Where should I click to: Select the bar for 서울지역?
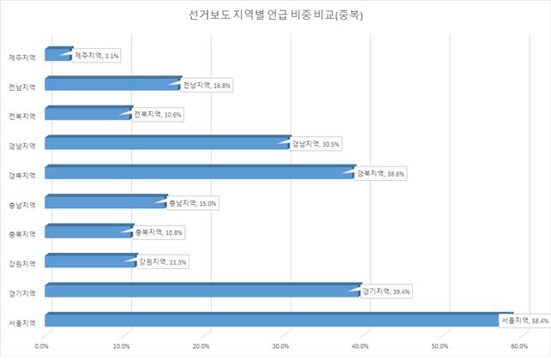(274, 321)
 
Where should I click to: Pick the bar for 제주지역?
(57, 56)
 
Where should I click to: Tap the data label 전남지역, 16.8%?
(207, 85)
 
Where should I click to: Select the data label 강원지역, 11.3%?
(162, 261)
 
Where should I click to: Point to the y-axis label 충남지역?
(21, 205)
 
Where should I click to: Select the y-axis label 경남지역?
(21, 146)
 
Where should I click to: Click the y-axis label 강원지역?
(21, 263)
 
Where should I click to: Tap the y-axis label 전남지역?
(21, 87)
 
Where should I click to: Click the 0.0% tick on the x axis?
(42, 346)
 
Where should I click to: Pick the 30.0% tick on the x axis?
(280, 346)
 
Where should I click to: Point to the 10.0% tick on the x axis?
(122, 346)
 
